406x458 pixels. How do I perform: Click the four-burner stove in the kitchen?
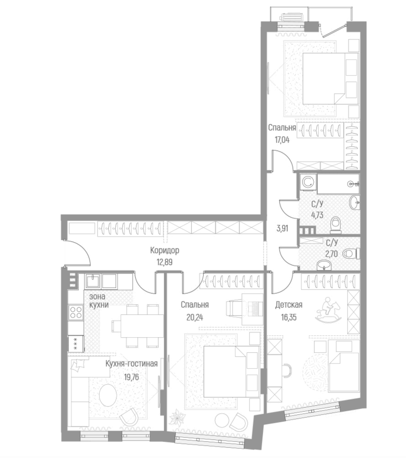[x=76, y=313]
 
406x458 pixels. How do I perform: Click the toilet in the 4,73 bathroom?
[x=335, y=224]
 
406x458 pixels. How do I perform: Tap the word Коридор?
[x=164, y=251]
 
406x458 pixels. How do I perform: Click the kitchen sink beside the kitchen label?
[x=93, y=281]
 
